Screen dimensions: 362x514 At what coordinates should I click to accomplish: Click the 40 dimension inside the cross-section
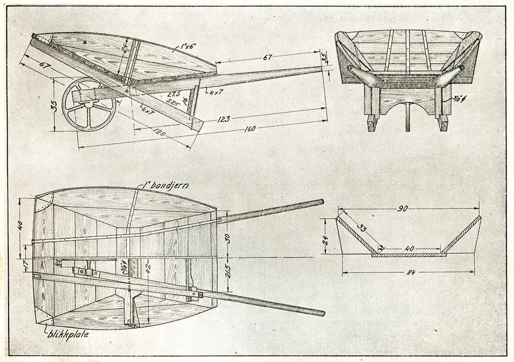click(x=409, y=248)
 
